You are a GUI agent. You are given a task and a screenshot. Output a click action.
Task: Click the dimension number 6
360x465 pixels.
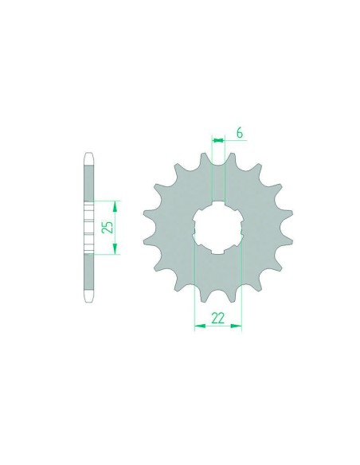[x=240, y=133]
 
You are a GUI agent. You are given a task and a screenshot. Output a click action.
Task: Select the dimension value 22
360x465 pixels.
[x=217, y=318]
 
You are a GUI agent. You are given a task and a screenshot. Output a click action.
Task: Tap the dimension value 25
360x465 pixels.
[x=108, y=227]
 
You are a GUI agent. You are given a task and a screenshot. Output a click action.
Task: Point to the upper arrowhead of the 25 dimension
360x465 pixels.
[x=115, y=205]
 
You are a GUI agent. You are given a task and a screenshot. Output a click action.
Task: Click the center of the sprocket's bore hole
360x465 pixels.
[x=217, y=228]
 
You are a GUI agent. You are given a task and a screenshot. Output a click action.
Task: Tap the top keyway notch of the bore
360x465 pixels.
[x=218, y=204]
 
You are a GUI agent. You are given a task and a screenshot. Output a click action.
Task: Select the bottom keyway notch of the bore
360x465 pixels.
[x=218, y=252]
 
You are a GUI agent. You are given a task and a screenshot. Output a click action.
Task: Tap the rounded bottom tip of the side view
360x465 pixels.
[x=89, y=301]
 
